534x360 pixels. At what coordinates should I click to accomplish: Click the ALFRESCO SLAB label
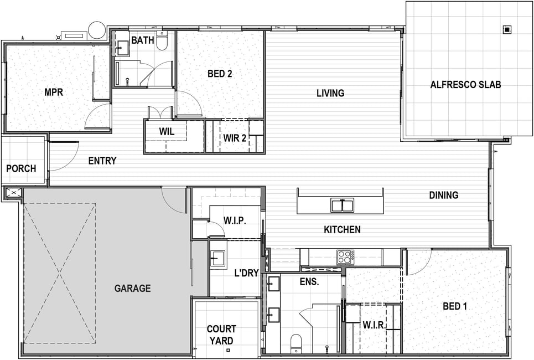pyautogui.click(x=465, y=85)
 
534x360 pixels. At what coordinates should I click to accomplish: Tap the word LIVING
pyautogui.click(x=330, y=93)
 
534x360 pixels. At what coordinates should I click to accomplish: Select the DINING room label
pyautogui.click(x=443, y=195)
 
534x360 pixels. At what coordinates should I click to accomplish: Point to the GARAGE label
pyautogui.click(x=132, y=289)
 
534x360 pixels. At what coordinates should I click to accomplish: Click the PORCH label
pyautogui.click(x=21, y=168)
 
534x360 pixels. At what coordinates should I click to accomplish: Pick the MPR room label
pyautogui.click(x=54, y=92)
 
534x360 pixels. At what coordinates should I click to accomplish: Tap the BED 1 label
pyautogui.click(x=455, y=306)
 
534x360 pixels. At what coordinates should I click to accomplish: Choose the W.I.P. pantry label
pyautogui.click(x=235, y=220)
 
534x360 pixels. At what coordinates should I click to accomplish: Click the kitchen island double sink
pyautogui.click(x=343, y=205)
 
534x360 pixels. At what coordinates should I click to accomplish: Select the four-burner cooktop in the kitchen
pyautogui.click(x=345, y=256)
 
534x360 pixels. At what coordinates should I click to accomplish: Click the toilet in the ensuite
pyautogui.click(x=296, y=343)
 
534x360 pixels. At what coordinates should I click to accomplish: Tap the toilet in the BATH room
pyautogui.click(x=162, y=42)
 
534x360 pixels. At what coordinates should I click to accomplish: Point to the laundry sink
pyautogui.click(x=217, y=259)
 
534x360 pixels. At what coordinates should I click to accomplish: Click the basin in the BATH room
pyautogui.click(x=122, y=48)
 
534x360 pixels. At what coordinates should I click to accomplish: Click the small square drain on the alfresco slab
pyautogui.click(x=507, y=30)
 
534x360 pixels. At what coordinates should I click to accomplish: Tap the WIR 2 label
pyautogui.click(x=235, y=138)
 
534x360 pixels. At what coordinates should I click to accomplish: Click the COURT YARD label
pyautogui.click(x=221, y=335)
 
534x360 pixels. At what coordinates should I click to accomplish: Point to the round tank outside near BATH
pyautogui.click(x=97, y=30)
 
